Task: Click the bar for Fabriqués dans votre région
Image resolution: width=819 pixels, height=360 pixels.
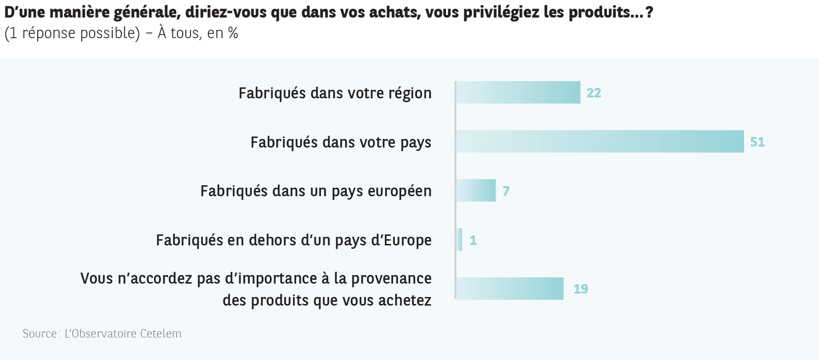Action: [518, 92]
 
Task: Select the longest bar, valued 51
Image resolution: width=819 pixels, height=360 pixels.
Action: [600, 141]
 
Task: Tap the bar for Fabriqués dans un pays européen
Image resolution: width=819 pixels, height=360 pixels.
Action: [476, 191]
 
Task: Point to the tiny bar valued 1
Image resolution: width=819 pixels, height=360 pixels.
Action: [459, 240]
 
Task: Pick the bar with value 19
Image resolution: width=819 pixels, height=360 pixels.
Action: [510, 288]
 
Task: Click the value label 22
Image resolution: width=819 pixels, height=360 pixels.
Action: [594, 93]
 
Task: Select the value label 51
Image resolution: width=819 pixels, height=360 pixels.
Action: [757, 142]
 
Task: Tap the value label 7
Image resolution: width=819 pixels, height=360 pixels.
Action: [506, 191]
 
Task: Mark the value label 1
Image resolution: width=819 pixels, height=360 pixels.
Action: [473, 240]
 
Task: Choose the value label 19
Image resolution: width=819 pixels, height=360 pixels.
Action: [581, 289]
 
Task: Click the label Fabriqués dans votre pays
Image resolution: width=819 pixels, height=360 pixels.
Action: [340, 142]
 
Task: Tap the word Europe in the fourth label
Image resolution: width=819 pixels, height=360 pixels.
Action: [407, 240]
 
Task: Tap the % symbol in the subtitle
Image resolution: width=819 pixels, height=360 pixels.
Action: [233, 33]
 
